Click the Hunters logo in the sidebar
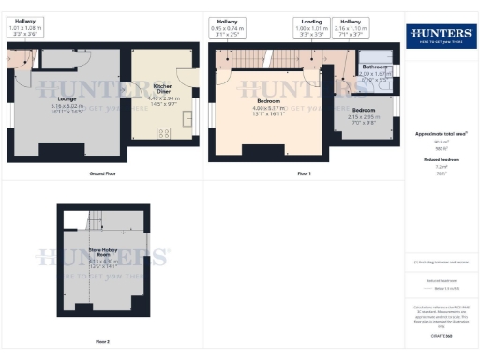(441, 36)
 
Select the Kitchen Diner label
(169, 90)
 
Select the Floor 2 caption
(102, 342)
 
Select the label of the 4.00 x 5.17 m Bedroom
(272, 100)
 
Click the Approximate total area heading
(441, 134)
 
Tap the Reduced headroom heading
(441, 161)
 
